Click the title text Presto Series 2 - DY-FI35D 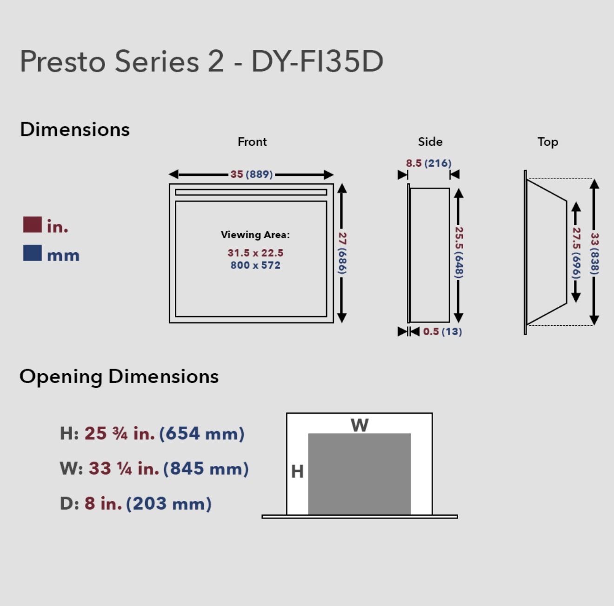pyautogui.click(x=201, y=61)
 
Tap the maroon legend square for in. pyautogui.click(x=33, y=224)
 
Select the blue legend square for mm pyautogui.click(x=33, y=253)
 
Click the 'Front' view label pyautogui.click(x=252, y=141)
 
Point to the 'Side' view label pyautogui.click(x=430, y=141)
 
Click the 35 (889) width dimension pyautogui.click(x=251, y=174)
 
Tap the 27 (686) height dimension pyautogui.click(x=342, y=253)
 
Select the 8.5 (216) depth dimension pyautogui.click(x=428, y=163)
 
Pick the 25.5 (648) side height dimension pyautogui.click(x=459, y=252)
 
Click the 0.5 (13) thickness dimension pyautogui.click(x=442, y=331)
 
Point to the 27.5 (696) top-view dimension pyautogui.click(x=576, y=253)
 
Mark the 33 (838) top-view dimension pyautogui.click(x=594, y=254)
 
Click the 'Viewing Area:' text pyautogui.click(x=255, y=235)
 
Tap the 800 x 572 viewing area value pyautogui.click(x=255, y=265)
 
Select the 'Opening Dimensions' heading pyautogui.click(x=119, y=377)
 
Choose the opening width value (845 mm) pyautogui.click(x=206, y=469)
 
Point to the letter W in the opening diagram pyautogui.click(x=360, y=425)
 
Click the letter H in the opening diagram pyautogui.click(x=297, y=472)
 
